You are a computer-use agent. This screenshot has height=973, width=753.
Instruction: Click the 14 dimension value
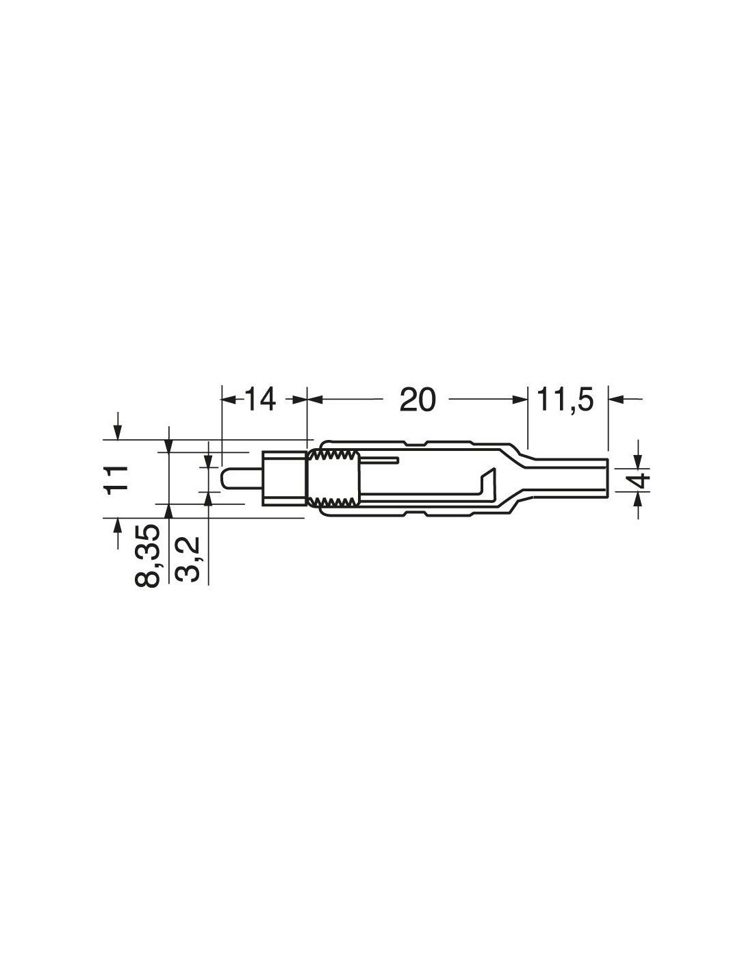click(260, 400)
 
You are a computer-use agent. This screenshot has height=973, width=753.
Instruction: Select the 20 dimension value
click(417, 400)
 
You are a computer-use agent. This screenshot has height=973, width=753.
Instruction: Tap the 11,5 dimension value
click(565, 400)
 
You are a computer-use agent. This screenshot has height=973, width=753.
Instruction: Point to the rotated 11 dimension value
click(116, 480)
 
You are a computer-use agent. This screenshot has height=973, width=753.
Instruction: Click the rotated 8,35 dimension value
click(147, 556)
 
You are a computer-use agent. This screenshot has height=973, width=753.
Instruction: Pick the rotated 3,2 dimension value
click(188, 559)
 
